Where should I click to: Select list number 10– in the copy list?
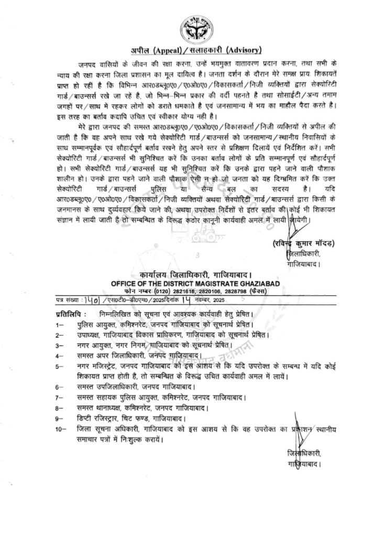point(61,429)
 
